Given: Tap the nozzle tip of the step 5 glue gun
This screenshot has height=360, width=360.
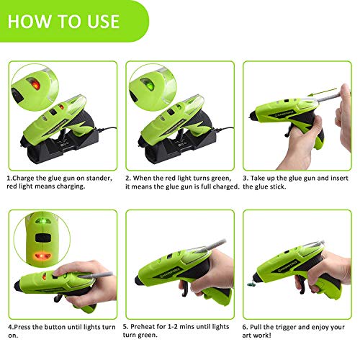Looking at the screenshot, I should [132, 274].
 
